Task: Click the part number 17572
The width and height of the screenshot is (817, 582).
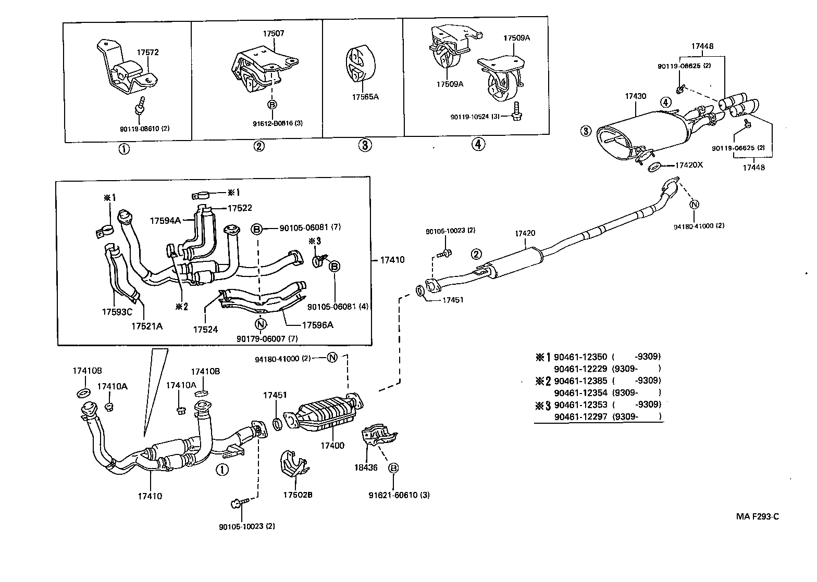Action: coord(147,52)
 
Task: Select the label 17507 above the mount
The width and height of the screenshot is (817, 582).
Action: coord(273,33)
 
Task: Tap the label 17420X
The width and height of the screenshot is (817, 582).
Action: coord(689,165)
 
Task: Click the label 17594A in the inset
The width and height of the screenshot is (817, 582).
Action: coord(165,220)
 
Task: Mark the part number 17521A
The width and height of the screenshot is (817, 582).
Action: coord(146,326)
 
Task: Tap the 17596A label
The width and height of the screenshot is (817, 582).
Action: coord(317,325)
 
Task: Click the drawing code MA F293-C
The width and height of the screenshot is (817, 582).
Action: coord(757,516)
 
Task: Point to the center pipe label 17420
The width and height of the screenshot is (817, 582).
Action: coord(525,233)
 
